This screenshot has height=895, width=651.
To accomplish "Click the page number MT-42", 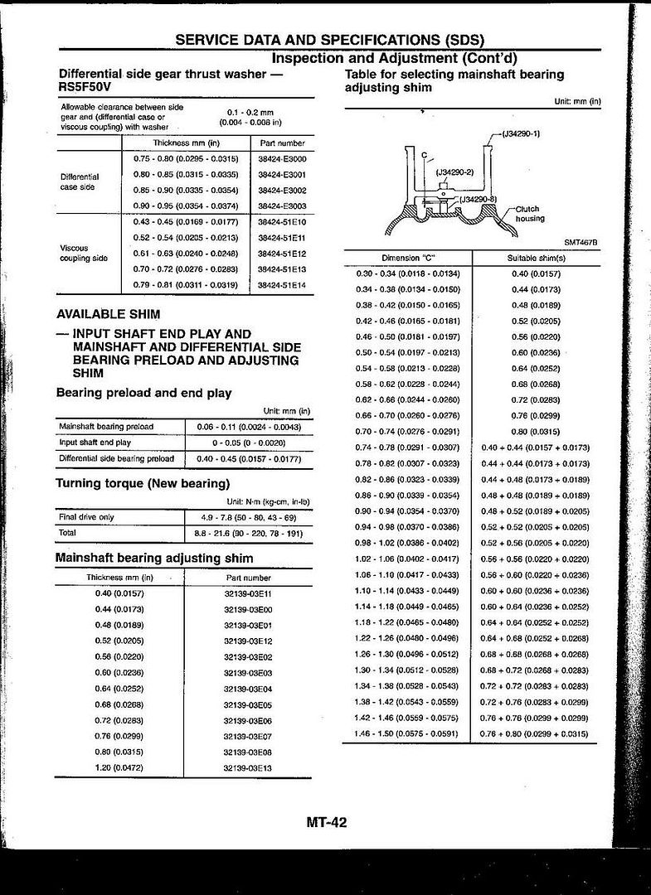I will click(x=326, y=822).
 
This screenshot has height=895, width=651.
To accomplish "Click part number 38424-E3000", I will click(x=282, y=158).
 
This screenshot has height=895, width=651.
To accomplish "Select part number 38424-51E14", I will click(x=282, y=285).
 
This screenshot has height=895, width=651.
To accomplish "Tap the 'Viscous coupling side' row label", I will click(x=84, y=253).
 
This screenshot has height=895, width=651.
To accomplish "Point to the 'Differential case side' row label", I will click(x=80, y=181).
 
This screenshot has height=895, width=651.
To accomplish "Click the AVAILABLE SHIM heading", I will click(x=109, y=315).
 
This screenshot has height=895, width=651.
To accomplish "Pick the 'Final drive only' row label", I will click(x=87, y=517).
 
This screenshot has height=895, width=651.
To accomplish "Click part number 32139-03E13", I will click(x=247, y=768).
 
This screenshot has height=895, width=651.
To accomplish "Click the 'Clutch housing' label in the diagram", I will click(x=529, y=214).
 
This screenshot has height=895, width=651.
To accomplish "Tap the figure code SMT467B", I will click(x=581, y=242).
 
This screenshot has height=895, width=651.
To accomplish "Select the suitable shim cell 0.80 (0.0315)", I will click(x=536, y=432).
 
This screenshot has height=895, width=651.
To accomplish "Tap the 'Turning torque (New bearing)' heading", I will click(x=143, y=483).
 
